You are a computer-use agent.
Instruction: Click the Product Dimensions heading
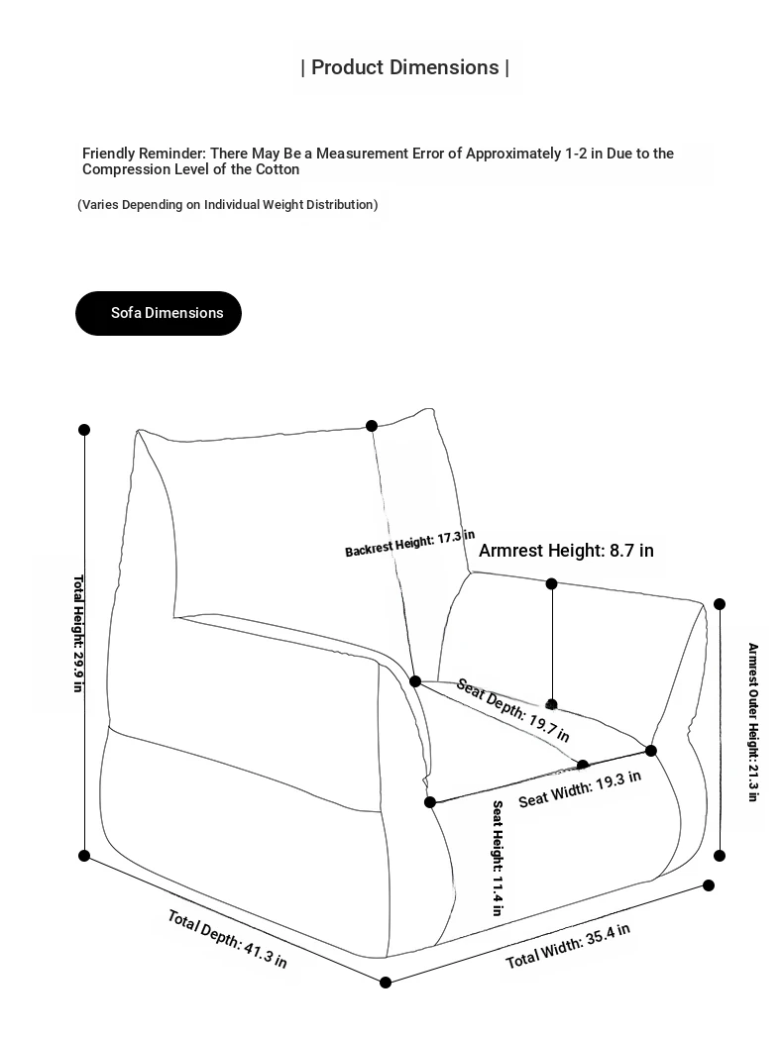[x=405, y=67]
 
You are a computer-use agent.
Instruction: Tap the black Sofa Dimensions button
[x=159, y=313]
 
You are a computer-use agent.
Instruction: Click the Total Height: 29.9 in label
[x=77, y=634]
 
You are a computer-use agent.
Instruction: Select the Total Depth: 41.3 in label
[x=227, y=938]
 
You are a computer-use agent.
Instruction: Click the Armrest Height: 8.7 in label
[x=566, y=551]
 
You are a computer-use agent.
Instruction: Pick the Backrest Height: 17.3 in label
[x=409, y=544]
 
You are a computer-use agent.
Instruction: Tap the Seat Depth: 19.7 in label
[x=512, y=710]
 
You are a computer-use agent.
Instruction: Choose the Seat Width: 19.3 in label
[x=580, y=788]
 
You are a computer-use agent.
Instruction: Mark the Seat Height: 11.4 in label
[x=497, y=858]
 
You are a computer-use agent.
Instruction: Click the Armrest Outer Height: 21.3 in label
[x=752, y=722]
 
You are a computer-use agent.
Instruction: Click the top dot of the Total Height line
[x=84, y=429]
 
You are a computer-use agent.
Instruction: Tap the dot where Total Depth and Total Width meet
[x=386, y=982]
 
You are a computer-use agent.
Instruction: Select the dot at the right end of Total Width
[x=709, y=884]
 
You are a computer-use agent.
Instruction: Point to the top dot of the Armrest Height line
[x=552, y=583]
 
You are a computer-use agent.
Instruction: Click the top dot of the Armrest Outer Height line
[x=720, y=603]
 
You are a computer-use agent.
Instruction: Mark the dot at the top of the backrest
[x=372, y=426]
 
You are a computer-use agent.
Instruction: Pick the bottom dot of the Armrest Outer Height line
[x=720, y=856]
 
